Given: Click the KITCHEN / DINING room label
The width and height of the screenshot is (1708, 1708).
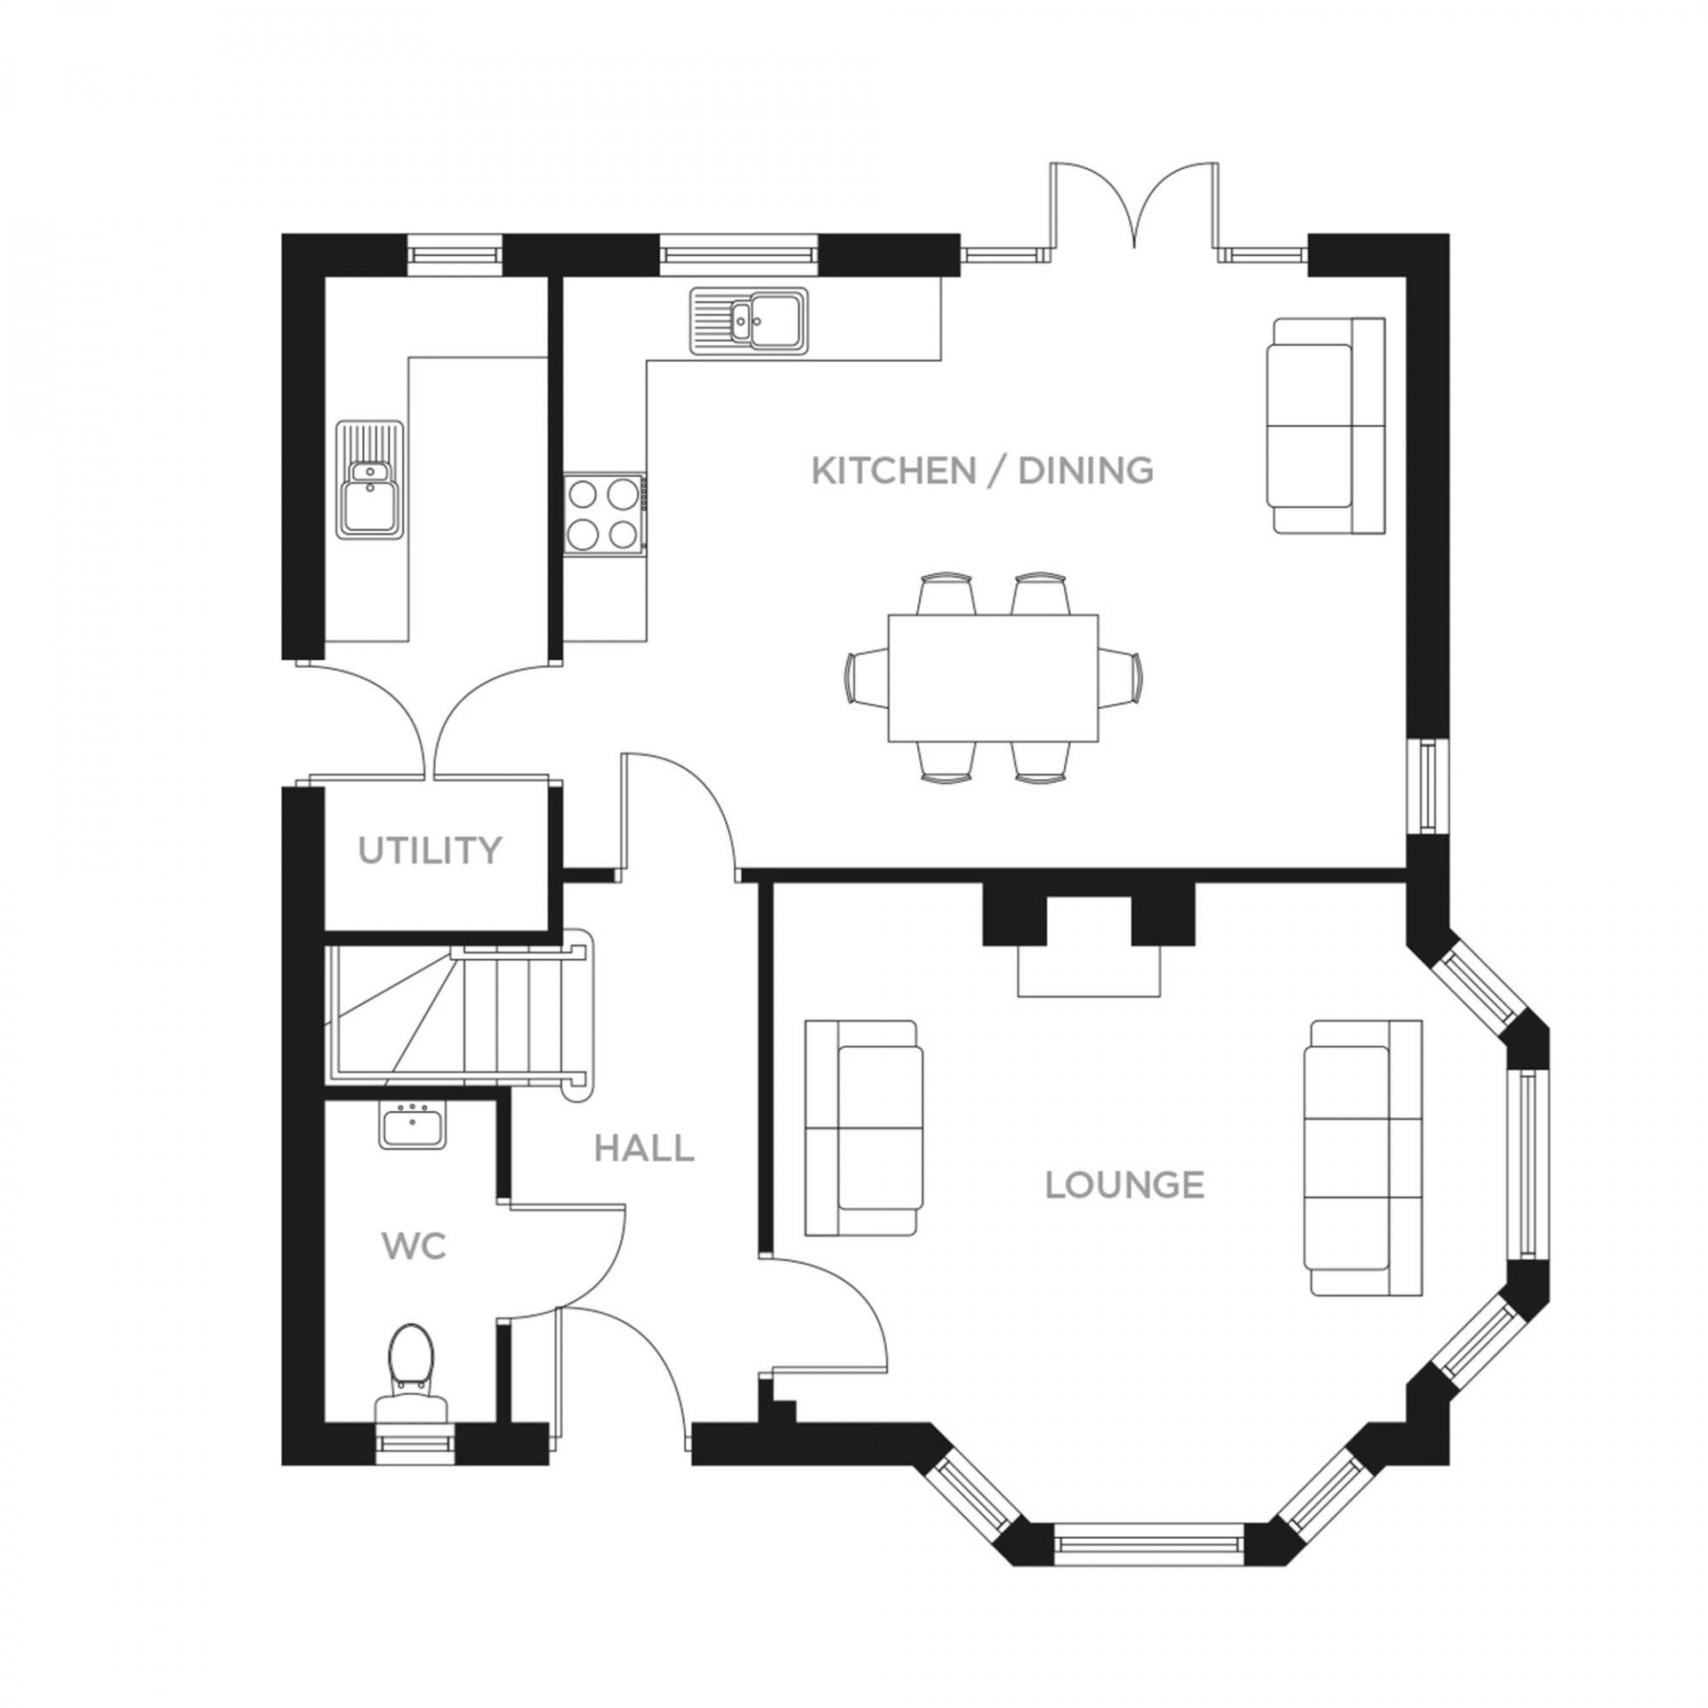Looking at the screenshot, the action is [x=982, y=470].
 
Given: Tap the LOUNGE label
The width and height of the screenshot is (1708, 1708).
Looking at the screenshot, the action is [x=1124, y=1185].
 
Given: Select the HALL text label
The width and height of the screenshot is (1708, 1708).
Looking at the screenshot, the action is [x=644, y=1148].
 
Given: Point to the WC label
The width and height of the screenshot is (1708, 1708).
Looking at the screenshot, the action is [x=414, y=1246].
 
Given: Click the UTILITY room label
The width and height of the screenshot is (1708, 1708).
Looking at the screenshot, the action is [x=430, y=850].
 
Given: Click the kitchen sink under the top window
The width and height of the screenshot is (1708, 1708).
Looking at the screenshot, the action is [x=749, y=320].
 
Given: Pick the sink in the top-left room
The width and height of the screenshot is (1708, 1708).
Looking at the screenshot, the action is [x=370, y=479].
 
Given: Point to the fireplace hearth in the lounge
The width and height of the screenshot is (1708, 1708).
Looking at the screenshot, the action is [x=1089, y=971].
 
